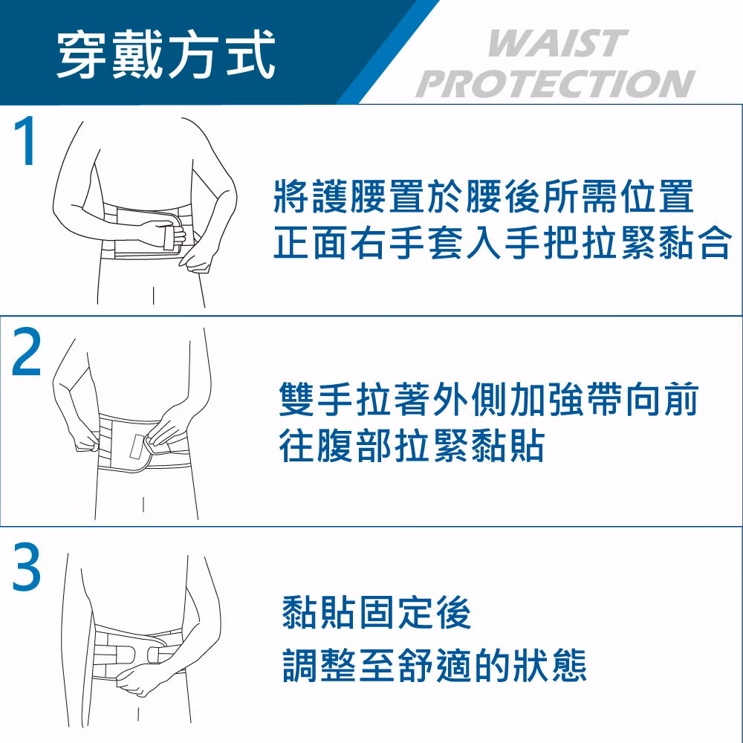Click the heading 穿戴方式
coord(166,53)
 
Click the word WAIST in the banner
coord(558,44)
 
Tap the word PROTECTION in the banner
coord(555,83)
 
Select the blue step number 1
coord(25,140)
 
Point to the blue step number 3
coord(27,567)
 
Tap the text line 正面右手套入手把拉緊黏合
coord(502,243)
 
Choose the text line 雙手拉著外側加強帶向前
coord(489,399)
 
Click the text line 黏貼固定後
coord(377,612)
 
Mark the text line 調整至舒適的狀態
coord(435,665)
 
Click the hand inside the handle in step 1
coord(163,233)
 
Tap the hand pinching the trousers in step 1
coord(197,259)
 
